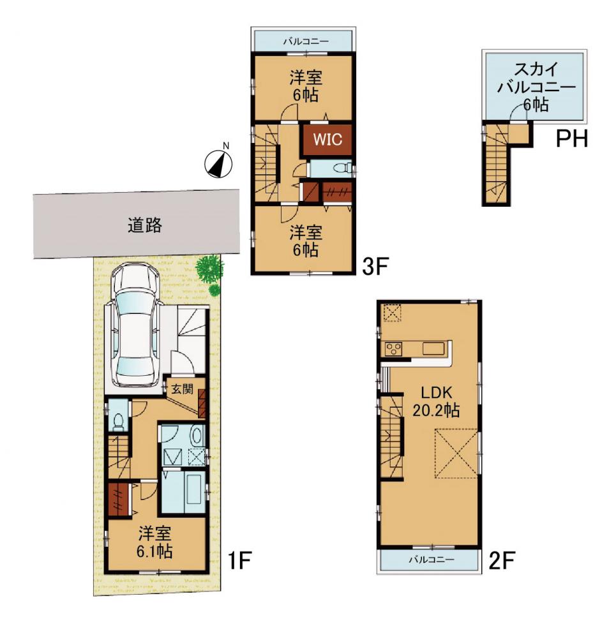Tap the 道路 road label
click(144, 225)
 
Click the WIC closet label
click(327, 140)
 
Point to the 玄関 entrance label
click(181, 389)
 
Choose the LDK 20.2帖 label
click(436, 401)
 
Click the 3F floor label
click(375, 267)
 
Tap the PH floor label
click(571, 139)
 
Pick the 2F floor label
click(502, 560)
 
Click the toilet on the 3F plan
click(341, 168)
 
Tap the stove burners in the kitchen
click(393, 349)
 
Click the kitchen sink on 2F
click(433, 349)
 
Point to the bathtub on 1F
click(194, 493)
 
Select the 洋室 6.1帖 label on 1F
click(154, 542)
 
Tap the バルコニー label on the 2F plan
click(431, 560)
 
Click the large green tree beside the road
click(209, 269)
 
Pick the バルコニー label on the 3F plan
click(306, 41)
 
